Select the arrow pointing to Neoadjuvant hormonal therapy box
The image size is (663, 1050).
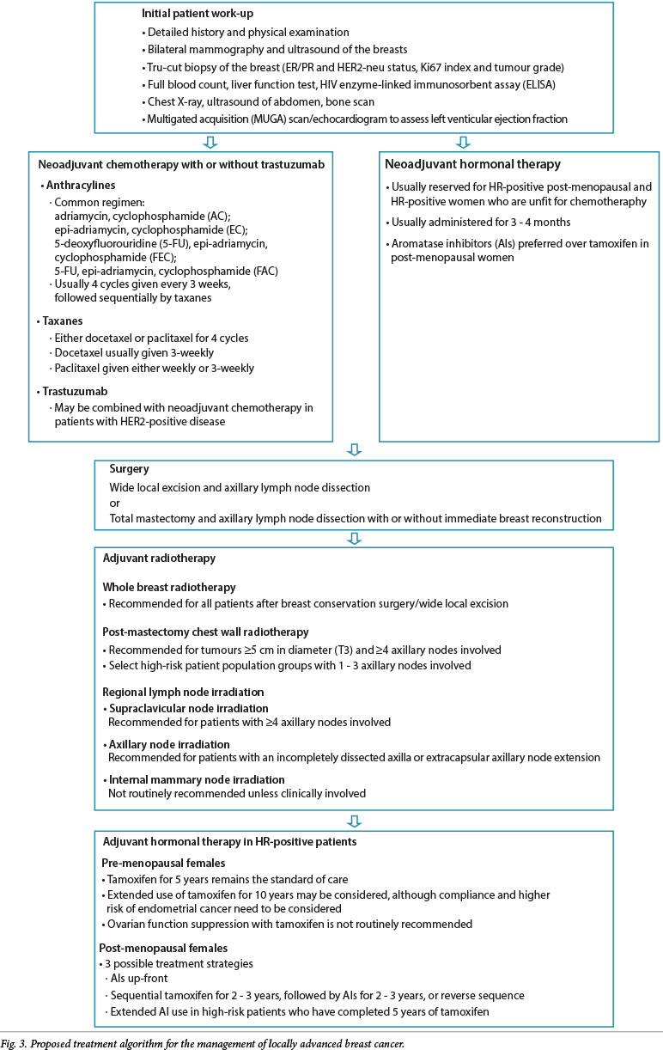[x=465, y=142]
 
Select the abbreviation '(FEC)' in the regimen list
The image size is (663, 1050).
[x=177, y=256]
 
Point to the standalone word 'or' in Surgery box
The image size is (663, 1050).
[x=115, y=503]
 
